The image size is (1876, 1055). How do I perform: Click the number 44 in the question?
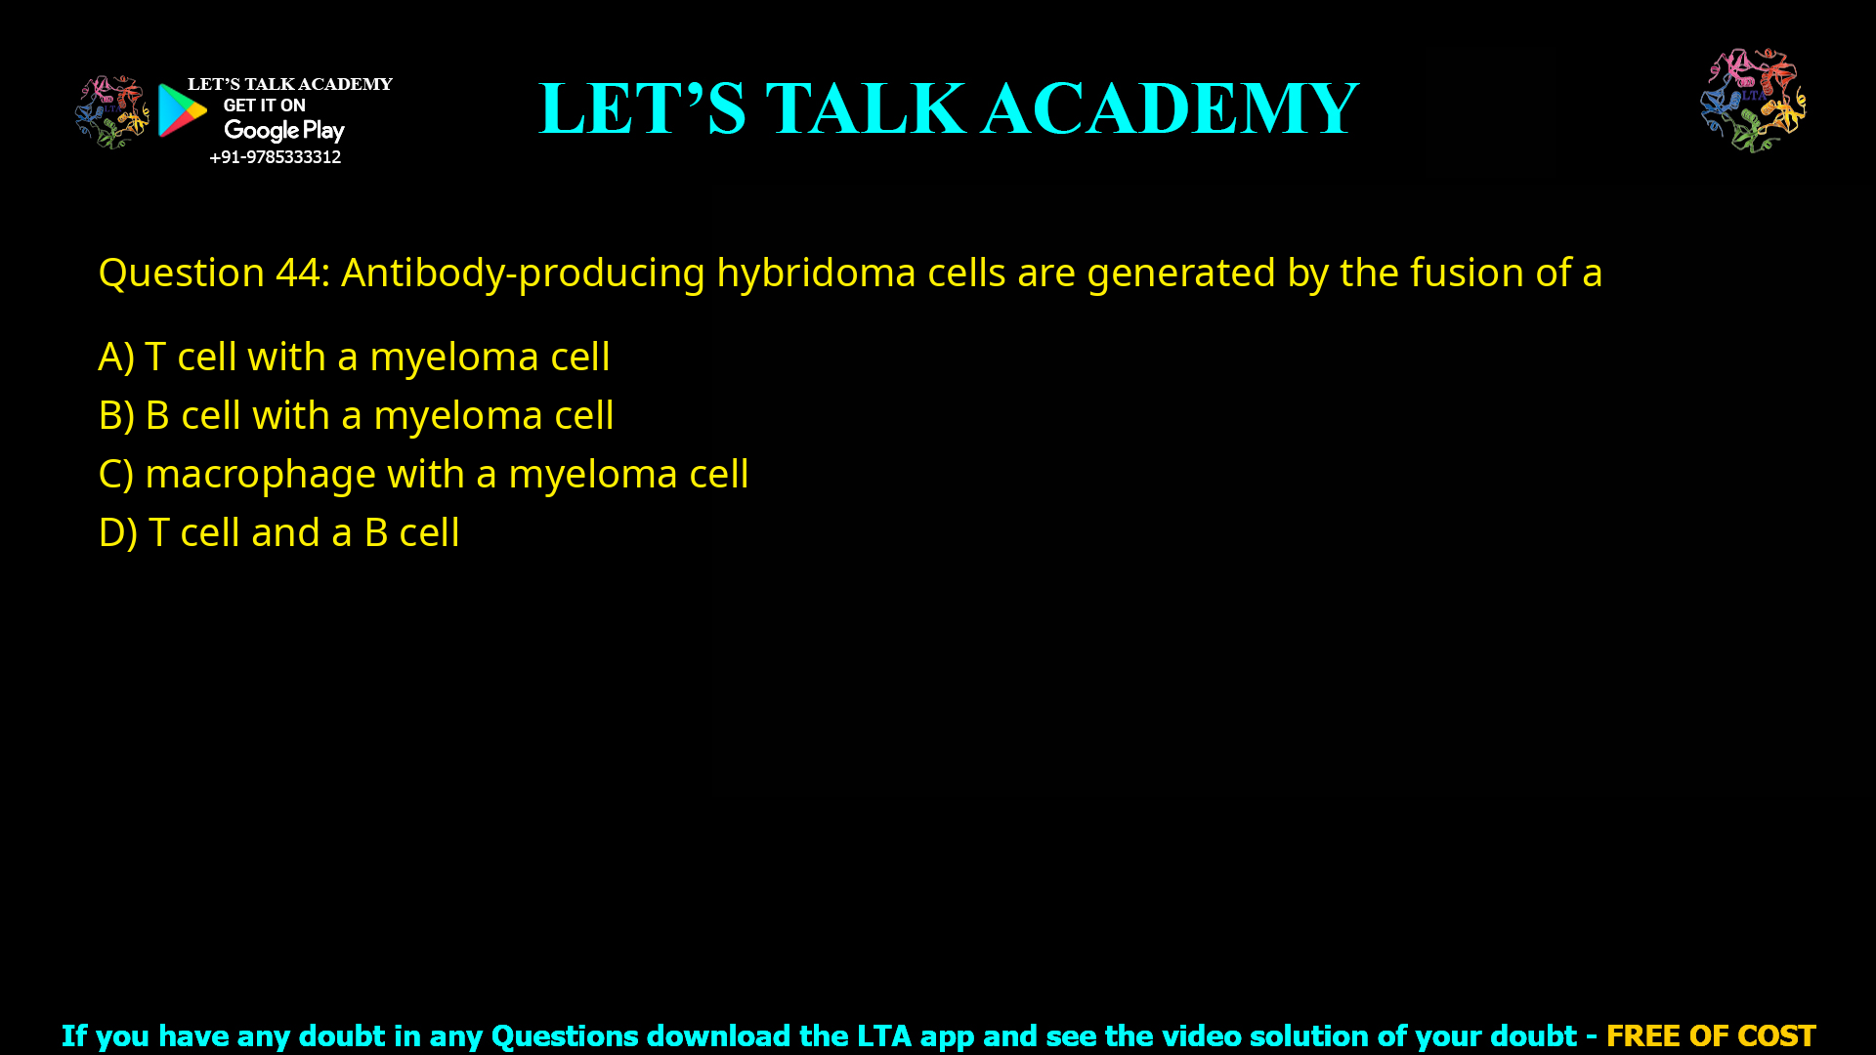pyautogui.click(x=297, y=273)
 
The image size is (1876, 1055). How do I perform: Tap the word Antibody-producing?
pyautogui.click(x=523, y=273)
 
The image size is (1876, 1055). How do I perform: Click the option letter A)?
pyautogui.click(x=116, y=357)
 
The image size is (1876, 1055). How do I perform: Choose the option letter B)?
pyautogui.click(x=116, y=415)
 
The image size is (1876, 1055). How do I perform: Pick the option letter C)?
pyautogui.click(x=116, y=474)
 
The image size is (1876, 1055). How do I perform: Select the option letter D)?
pyautogui.click(x=117, y=532)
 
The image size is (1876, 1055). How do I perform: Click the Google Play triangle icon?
pyautogui.click(x=182, y=110)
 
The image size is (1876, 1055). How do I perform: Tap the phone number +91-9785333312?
pyautogui.click(x=276, y=157)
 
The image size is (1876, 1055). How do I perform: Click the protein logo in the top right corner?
pyautogui.click(x=1753, y=100)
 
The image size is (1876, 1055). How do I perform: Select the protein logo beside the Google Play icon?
pyautogui.click(x=112, y=111)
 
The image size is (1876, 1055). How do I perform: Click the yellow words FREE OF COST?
pyautogui.click(x=1711, y=1035)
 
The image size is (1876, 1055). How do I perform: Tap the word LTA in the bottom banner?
pyautogui.click(x=883, y=1035)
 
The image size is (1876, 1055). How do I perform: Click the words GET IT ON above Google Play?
pyautogui.click(x=264, y=105)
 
